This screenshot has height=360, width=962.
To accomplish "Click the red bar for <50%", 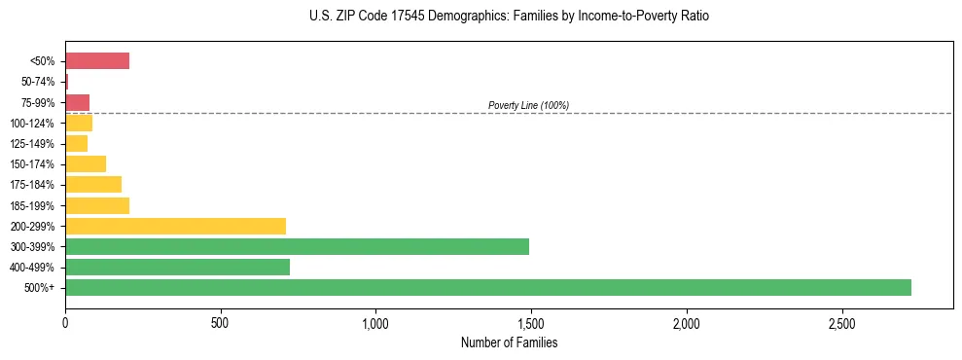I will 97,61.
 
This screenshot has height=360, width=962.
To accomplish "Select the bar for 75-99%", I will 77,102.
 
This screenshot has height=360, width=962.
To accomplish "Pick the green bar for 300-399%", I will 297,247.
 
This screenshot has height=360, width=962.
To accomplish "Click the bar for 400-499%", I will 177,268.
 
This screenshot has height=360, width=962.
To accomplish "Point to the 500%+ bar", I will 487,288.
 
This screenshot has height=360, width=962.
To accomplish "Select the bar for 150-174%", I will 86,164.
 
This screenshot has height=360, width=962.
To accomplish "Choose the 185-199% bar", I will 97,205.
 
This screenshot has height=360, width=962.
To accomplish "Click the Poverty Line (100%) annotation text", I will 528,105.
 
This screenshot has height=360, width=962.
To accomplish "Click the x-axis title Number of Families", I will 509,342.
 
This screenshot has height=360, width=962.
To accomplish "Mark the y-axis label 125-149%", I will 33,144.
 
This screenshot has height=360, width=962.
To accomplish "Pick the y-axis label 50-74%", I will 38,82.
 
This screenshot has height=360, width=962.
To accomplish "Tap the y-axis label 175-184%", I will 33,185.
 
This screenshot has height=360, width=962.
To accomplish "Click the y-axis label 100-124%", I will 33,124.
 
